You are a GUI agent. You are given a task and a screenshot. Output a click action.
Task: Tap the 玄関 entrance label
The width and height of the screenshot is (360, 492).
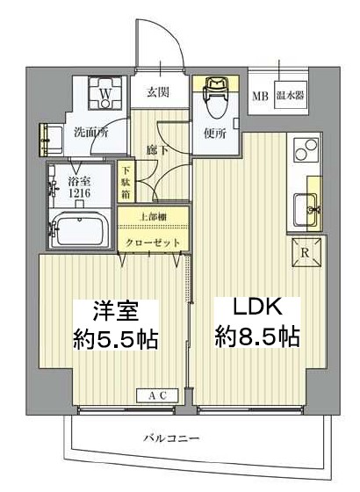click(x=158, y=91)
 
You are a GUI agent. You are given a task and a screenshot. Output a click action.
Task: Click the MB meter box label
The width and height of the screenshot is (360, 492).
click(x=261, y=96)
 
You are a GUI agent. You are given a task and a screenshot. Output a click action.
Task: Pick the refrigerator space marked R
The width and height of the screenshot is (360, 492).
click(x=304, y=251)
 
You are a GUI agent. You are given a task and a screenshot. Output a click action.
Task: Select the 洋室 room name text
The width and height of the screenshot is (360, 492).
click(x=114, y=310)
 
